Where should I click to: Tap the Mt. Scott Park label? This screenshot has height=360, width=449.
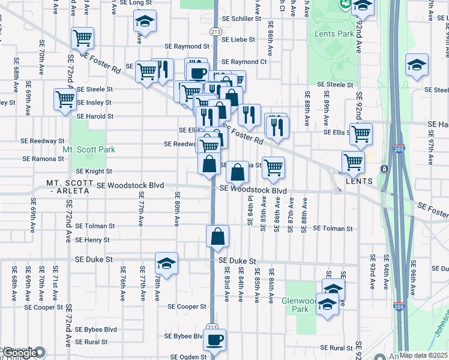coord(89,149)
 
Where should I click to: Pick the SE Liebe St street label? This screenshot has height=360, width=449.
coord(238,40)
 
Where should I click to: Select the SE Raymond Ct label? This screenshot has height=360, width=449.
coord(244,62)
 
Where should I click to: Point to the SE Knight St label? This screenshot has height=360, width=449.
coord(94,171)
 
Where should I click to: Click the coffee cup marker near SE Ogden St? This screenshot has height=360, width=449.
coord(214,340)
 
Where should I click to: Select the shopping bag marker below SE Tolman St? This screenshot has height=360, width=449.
coord(217,236)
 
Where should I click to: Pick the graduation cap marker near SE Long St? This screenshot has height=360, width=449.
coord(145,21)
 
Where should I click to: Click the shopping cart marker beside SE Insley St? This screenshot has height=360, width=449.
coord(65,99)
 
